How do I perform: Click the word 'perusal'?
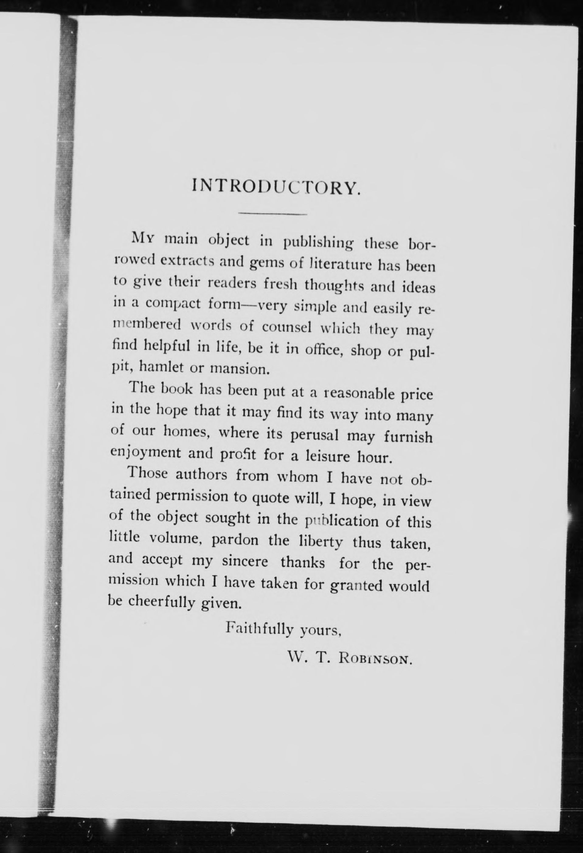tap(314, 436)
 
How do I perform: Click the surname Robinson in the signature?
tap(375, 659)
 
